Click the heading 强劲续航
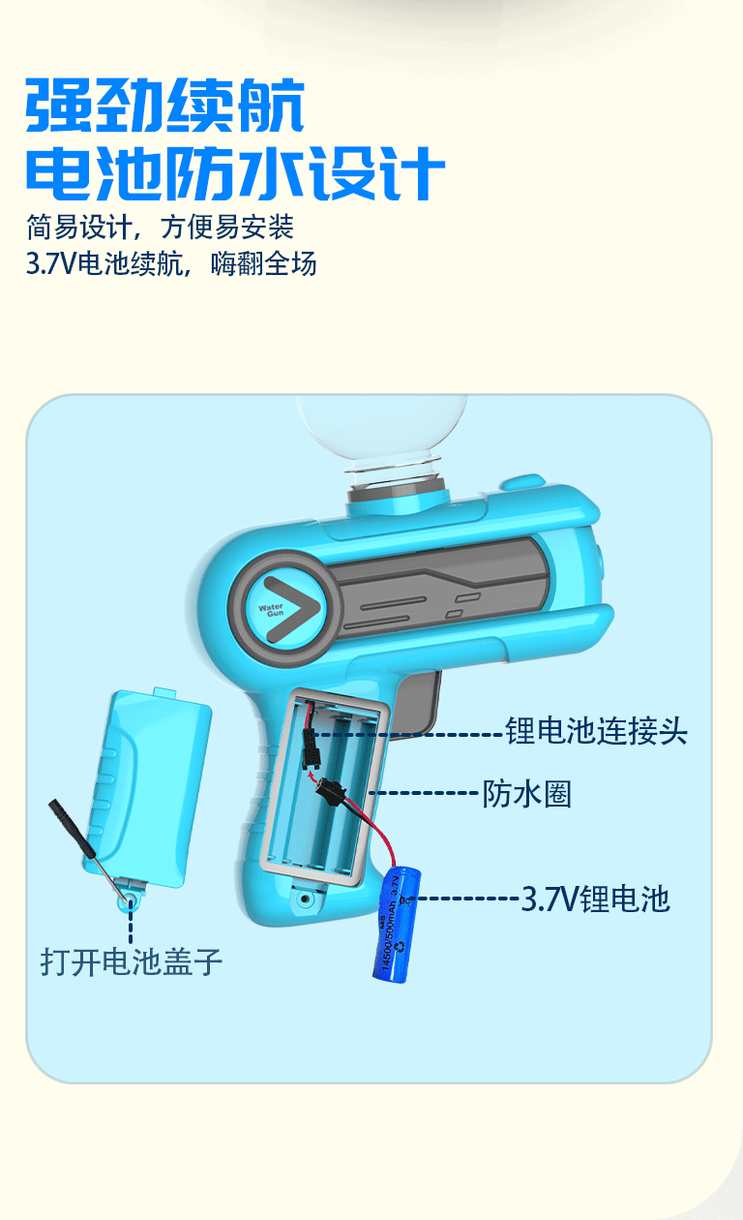(164, 106)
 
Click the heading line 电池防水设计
(236, 174)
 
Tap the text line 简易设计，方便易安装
(160, 228)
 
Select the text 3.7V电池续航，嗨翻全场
(171, 263)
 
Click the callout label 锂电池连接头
(596, 730)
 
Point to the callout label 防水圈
(527, 794)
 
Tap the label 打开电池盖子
(132, 961)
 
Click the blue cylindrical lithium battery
(397, 925)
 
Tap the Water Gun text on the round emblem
(271, 609)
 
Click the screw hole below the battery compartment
(305, 899)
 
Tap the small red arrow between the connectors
(312, 776)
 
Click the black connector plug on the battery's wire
(332, 788)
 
